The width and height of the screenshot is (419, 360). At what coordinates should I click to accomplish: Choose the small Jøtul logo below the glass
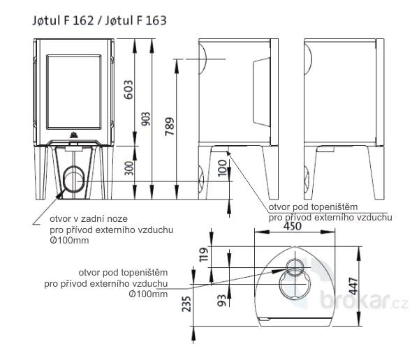(x=74, y=135)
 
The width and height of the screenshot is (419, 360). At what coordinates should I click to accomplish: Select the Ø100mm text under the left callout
(x=68, y=241)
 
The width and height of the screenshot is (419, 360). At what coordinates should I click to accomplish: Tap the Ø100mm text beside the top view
(x=149, y=294)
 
